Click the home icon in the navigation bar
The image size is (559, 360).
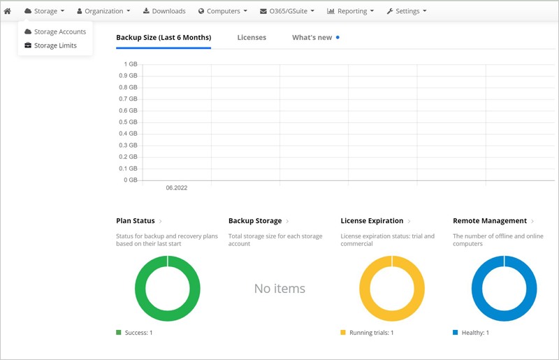click(x=7, y=11)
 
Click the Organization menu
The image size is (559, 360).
click(x=103, y=11)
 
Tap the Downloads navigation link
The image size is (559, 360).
click(x=164, y=11)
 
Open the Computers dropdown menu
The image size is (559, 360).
click(x=223, y=11)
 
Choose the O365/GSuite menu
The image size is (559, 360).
click(x=287, y=11)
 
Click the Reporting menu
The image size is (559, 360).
click(x=351, y=11)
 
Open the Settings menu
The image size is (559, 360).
click(x=407, y=11)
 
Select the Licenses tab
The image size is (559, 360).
click(x=252, y=38)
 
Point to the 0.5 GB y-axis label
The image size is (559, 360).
click(x=128, y=122)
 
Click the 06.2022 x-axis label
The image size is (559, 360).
click(x=177, y=187)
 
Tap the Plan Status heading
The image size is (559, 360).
click(x=136, y=221)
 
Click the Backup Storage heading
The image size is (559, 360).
click(x=255, y=221)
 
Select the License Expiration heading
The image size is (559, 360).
click(x=372, y=221)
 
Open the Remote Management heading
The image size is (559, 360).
click(x=490, y=221)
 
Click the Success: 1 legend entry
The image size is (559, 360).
click(x=134, y=333)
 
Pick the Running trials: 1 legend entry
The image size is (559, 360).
click(x=368, y=333)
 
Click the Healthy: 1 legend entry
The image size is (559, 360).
click(x=471, y=333)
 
